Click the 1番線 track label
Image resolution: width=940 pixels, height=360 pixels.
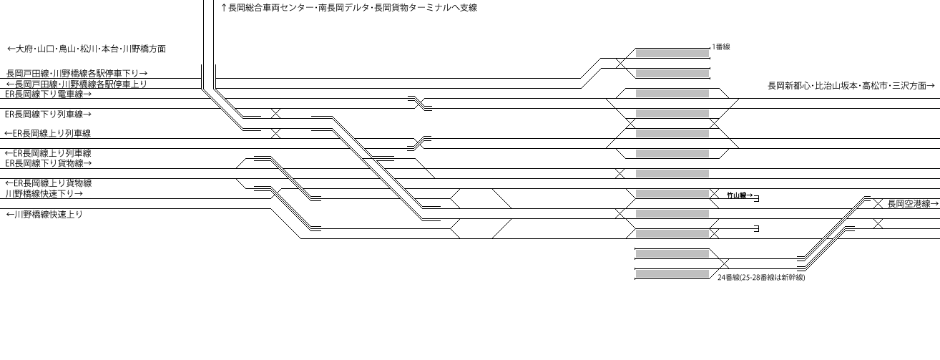[x=721, y=47]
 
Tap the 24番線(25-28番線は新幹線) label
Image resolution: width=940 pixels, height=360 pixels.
[x=761, y=277]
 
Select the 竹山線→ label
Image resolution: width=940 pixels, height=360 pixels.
[x=740, y=195]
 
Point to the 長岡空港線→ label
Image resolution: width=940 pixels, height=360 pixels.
[x=913, y=204]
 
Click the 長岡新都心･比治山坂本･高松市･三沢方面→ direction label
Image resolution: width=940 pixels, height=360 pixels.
[x=851, y=86]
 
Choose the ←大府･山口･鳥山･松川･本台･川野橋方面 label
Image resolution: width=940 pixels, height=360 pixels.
[x=87, y=49]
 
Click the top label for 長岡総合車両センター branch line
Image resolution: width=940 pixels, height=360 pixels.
[x=348, y=8]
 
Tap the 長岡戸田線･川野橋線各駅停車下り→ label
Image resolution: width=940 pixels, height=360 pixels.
[x=77, y=74]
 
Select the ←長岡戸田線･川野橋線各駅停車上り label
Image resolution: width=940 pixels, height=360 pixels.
[x=77, y=84]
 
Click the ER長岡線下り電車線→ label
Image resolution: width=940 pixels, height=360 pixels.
[x=48, y=94]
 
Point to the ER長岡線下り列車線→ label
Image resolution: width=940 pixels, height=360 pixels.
[x=48, y=115]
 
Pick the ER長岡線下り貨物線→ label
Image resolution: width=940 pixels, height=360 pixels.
[x=48, y=163]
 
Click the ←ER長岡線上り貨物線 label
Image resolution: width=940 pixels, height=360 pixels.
[x=48, y=183]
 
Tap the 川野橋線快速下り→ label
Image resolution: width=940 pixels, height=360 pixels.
[x=44, y=194]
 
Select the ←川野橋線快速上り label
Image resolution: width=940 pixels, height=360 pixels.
[x=44, y=214]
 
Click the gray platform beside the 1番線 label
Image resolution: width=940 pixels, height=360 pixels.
[x=672, y=54]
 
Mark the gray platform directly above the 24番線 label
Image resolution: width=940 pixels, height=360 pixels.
[x=672, y=274]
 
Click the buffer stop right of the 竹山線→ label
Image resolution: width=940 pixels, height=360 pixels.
[x=757, y=198]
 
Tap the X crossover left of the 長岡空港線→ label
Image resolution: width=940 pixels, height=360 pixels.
[x=878, y=204]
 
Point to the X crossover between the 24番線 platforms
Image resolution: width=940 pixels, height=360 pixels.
[x=724, y=264]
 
